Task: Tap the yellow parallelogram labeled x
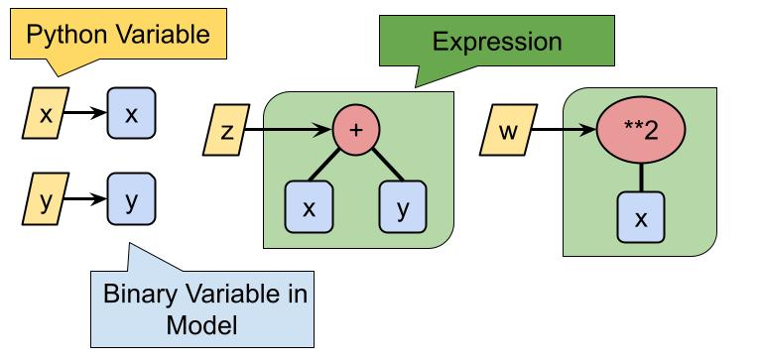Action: pyautogui.click(x=45, y=114)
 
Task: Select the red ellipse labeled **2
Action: pyautogui.click(x=641, y=131)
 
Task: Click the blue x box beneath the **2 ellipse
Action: pyautogui.click(x=641, y=218)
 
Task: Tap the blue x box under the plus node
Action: pyautogui.click(x=309, y=208)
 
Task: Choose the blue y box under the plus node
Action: pyautogui.click(x=402, y=208)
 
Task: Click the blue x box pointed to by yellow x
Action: pyautogui.click(x=130, y=114)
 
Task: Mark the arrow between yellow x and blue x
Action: pyautogui.click(x=85, y=114)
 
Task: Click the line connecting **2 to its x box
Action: pyautogui.click(x=641, y=177)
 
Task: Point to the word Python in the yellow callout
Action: pyautogui.click(x=65, y=36)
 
